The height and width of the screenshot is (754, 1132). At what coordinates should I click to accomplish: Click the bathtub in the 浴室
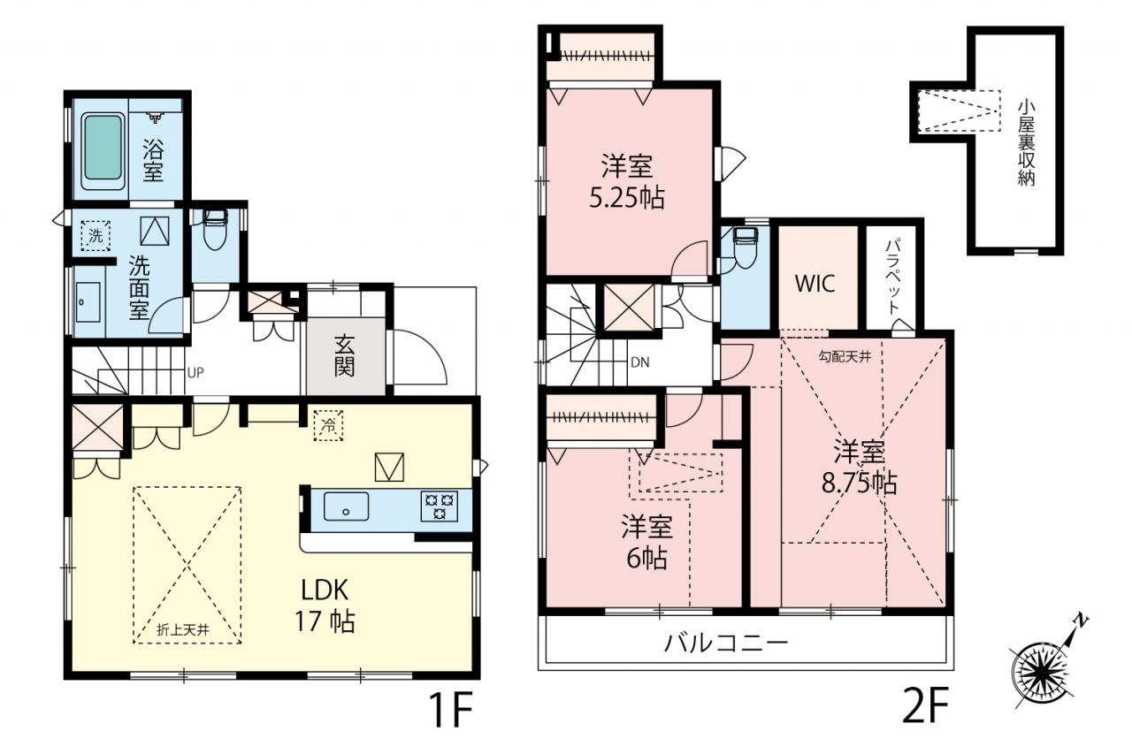(x=103, y=150)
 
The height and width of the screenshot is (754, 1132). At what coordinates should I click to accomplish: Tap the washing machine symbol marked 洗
(x=96, y=235)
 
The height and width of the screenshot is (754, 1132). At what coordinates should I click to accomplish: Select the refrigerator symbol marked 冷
(x=328, y=425)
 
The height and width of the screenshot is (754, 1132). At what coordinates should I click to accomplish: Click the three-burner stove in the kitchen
(x=440, y=506)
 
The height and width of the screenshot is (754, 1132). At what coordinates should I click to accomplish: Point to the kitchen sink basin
(x=346, y=506)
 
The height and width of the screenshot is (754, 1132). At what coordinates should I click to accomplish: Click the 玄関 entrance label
(x=344, y=356)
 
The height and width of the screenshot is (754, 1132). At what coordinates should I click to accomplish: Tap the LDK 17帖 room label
(x=325, y=605)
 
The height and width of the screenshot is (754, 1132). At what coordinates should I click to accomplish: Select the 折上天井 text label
(x=183, y=630)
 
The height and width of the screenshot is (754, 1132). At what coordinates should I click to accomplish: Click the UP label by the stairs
(x=195, y=373)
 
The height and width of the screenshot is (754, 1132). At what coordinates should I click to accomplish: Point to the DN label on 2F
(x=639, y=362)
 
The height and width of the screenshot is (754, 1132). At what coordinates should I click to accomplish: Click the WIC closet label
(x=815, y=284)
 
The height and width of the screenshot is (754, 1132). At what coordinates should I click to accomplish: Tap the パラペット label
(x=893, y=277)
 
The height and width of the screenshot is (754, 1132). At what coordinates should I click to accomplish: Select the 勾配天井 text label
(x=845, y=357)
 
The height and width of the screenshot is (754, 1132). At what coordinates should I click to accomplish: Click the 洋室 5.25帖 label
(x=627, y=182)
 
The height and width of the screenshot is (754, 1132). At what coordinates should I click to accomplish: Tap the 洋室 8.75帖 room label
(x=859, y=467)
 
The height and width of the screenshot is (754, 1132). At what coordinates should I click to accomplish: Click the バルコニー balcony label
(x=726, y=644)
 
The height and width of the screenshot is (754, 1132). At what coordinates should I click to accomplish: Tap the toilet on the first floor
(x=215, y=230)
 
